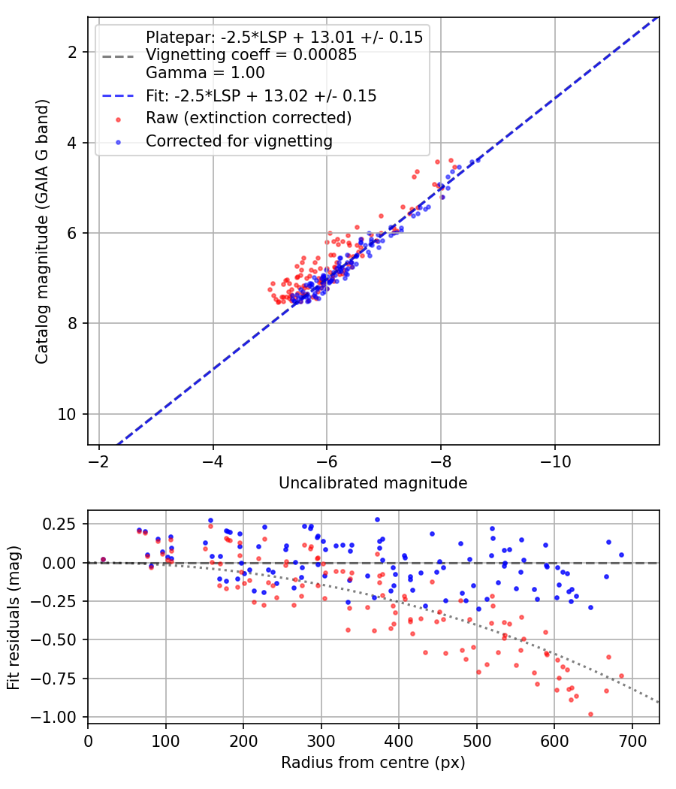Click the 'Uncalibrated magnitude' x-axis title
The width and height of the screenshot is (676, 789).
pos(373,483)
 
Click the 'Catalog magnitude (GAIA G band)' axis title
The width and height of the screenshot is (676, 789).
pos(42,231)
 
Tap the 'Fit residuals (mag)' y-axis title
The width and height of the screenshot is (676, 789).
pos(14,618)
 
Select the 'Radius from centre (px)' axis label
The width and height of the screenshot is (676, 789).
pos(373,763)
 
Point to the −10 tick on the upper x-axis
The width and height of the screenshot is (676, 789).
pos(555,461)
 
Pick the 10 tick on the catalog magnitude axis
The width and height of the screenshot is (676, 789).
pos(67,414)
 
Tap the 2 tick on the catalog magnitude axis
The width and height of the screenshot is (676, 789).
pos(72,52)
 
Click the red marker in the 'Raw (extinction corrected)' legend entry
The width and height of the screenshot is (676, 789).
pos(118,119)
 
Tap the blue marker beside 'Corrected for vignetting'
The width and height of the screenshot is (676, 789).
pos(118,143)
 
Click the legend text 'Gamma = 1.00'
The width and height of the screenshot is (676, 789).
pos(205,73)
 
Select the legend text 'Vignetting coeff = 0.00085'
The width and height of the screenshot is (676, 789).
pos(251,55)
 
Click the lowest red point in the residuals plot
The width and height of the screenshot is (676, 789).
pos(590,714)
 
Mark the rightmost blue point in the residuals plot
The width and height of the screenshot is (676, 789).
pos(621,555)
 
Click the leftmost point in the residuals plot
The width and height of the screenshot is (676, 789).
pos(103,560)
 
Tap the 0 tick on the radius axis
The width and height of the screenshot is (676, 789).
pos(88,741)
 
